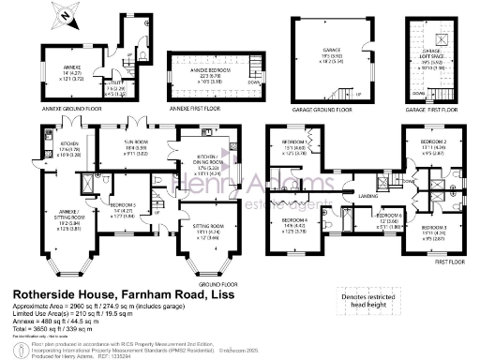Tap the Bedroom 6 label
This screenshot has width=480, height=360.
tap(389, 219)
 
